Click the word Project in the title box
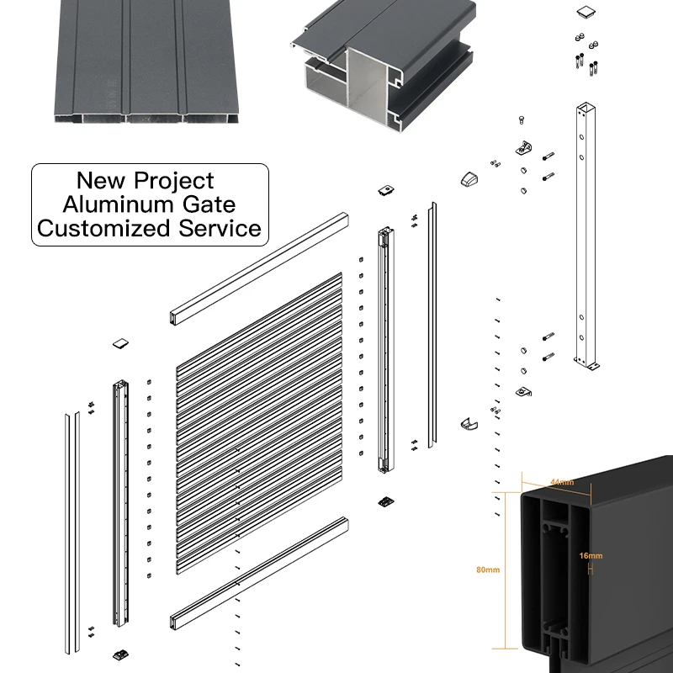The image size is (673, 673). (x=174, y=181)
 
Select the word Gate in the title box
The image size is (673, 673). (x=209, y=204)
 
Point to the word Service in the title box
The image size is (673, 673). (x=220, y=228)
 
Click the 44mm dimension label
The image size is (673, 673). (x=562, y=482)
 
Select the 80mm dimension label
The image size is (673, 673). (x=488, y=570)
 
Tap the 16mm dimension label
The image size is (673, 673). (x=591, y=556)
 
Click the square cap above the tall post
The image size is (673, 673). (x=586, y=12)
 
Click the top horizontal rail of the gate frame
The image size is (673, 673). (x=259, y=268)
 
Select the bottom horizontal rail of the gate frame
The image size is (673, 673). (x=259, y=574)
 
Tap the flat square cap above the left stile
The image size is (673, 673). (x=120, y=343)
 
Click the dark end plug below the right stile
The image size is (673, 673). (x=386, y=501)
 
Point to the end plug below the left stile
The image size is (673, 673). (x=121, y=655)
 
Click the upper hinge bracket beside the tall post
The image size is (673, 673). (x=523, y=149)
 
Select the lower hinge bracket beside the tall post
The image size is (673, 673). (x=523, y=391)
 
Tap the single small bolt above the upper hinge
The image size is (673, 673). (x=522, y=119)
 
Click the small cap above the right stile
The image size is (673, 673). (x=386, y=190)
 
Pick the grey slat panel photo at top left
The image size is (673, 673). (x=146, y=61)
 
